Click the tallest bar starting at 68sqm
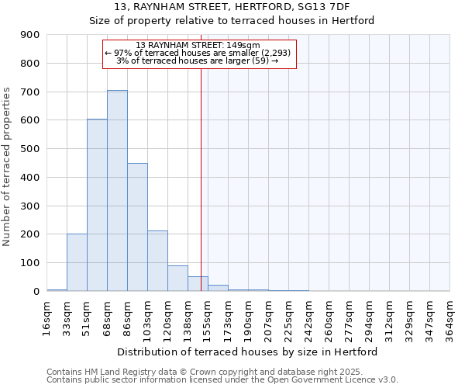click(117, 191)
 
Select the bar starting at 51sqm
click(97, 206)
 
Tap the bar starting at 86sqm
click(137, 227)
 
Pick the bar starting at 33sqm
click(77, 262)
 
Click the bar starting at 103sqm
click(157, 261)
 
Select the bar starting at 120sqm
click(177, 279)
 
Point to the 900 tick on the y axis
click(30, 35)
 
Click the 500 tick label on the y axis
click(30, 149)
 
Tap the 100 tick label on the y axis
click(30, 263)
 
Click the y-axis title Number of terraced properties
click(8, 167)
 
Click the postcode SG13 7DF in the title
click(318, 6)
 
